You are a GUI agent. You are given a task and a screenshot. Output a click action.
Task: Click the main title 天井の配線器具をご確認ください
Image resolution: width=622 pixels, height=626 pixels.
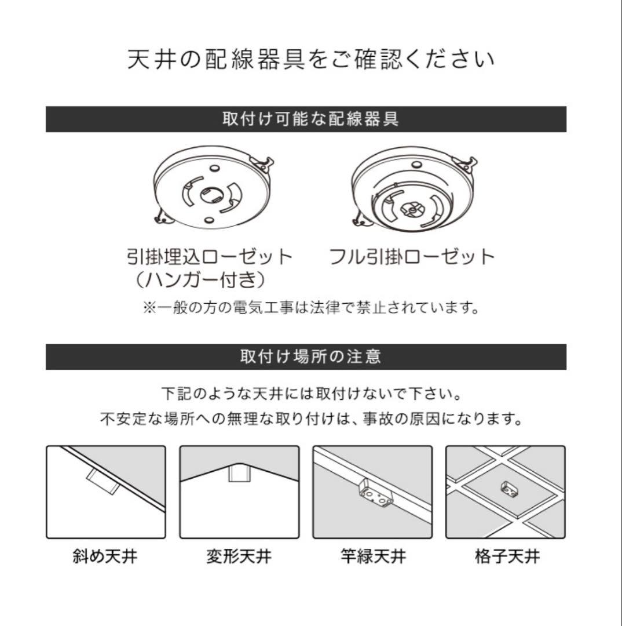tap(311, 60)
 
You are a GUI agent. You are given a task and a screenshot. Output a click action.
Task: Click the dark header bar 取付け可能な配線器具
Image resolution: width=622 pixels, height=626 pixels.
tap(306, 119)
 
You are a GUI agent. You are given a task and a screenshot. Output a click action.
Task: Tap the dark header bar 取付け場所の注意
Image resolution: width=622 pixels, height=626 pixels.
tap(306, 356)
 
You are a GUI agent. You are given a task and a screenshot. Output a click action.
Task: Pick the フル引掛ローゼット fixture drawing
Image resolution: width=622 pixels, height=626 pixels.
tap(412, 192)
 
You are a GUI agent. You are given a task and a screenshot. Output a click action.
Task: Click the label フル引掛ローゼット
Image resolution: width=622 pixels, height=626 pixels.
tap(412, 257)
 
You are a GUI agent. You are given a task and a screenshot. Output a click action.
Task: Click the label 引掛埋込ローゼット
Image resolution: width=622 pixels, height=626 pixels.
tap(210, 257)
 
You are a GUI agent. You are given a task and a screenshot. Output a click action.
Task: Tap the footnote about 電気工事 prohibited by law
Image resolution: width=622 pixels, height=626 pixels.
tap(311, 307)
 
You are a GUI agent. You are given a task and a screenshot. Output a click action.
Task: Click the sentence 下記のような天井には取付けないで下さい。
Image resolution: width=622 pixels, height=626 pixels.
tap(311, 394)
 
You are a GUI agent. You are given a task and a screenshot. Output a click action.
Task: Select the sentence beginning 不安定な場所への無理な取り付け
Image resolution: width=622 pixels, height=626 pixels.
tap(311, 418)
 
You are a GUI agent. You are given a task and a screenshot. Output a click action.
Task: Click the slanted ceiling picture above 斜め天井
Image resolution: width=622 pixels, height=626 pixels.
tap(106, 492)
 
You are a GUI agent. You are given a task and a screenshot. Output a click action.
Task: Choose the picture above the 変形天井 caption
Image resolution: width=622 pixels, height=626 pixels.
tap(239, 492)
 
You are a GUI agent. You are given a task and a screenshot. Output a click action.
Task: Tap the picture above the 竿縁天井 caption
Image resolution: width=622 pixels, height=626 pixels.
tap(372, 492)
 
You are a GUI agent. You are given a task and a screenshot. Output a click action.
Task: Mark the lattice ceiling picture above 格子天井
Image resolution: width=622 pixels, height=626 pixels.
tap(506, 492)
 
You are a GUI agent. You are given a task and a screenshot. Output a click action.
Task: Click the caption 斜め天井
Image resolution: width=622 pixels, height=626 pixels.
tap(105, 558)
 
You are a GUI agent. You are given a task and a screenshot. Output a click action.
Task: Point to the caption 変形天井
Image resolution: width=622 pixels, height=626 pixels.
tap(239, 558)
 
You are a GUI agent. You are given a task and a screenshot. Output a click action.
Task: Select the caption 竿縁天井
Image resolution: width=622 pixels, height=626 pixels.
tap(373, 558)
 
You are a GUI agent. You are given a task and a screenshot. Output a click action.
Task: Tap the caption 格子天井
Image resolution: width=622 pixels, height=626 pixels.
tap(506, 558)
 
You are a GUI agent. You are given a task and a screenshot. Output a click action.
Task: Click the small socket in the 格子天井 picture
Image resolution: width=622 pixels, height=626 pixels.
tap(507, 488)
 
